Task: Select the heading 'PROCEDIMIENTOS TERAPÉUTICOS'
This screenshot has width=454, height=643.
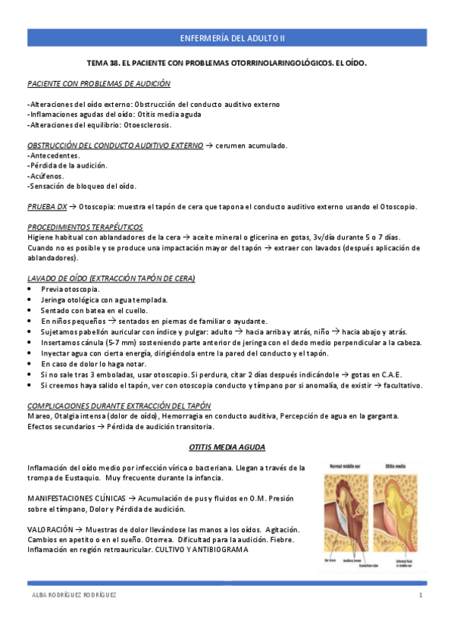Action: coord(85,227)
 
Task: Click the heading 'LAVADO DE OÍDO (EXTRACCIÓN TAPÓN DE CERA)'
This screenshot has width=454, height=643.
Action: coord(111,279)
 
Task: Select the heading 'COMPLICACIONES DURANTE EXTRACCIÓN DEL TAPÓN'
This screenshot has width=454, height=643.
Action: coord(119,406)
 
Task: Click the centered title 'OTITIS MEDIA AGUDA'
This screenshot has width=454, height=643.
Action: coord(226,447)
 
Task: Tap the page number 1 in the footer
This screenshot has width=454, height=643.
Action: coord(420,596)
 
